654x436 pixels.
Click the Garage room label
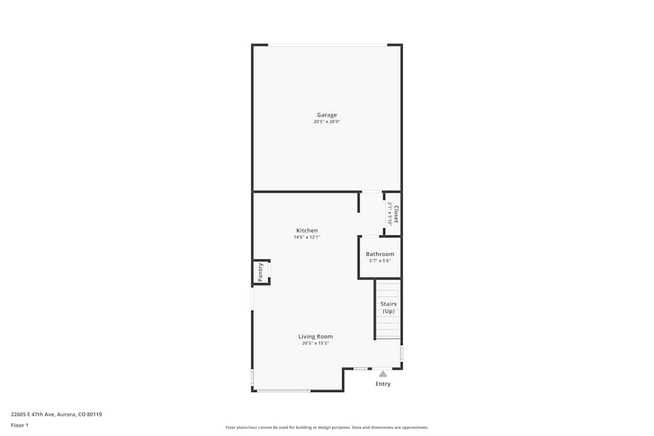pos(327,115)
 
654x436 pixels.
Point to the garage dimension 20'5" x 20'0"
pos(327,122)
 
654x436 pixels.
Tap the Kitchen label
pos(307,231)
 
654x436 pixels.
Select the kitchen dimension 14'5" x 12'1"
pos(307,238)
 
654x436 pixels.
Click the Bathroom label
pos(380,254)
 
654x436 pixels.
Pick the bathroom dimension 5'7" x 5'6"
pos(380,261)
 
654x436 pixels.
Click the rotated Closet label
pos(396,214)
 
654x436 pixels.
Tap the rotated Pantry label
pos(260,272)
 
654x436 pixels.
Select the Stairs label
pos(388,304)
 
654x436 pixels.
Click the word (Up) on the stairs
pos(388,311)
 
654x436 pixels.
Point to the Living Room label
pos(315,337)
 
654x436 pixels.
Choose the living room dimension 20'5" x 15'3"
pos(315,344)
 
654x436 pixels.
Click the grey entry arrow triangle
pos(383,374)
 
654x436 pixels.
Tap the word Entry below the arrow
pos(383,384)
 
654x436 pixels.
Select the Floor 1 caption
pos(20,425)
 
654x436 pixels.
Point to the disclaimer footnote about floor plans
pos(327,428)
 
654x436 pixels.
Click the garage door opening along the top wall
pos(327,45)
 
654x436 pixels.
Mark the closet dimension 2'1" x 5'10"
pos(389,214)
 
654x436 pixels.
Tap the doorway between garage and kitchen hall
pos(371,192)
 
